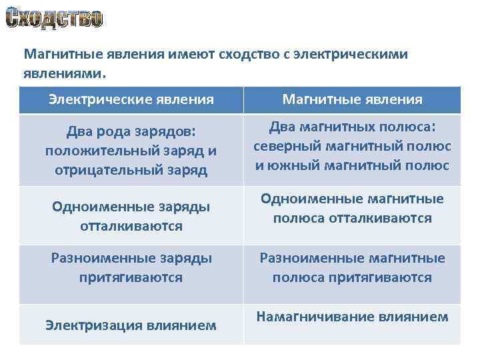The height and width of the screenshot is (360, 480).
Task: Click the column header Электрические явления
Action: [131, 99]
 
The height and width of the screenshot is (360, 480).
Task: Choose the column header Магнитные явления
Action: [352, 99]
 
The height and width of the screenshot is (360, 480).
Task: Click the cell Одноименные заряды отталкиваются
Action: [131, 216]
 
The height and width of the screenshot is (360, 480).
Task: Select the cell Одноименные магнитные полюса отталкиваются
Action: [352, 208]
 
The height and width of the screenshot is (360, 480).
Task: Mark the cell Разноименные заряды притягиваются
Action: [131, 267]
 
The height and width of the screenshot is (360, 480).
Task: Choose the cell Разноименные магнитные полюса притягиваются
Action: [352, 267]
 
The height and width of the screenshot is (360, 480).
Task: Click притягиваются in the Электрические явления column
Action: [131, 277]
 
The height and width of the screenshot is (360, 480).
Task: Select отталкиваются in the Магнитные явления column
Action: [381, 218]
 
